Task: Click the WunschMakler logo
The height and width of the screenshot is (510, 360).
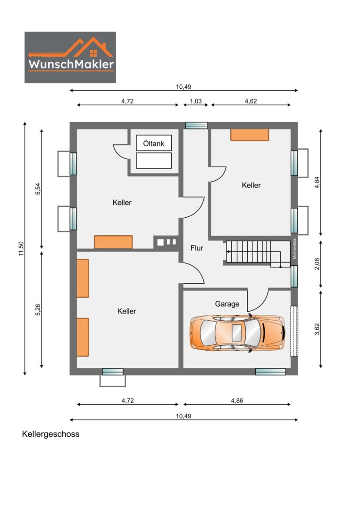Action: [x=70, y=57]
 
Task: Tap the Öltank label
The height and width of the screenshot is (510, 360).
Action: [x=154, y=144]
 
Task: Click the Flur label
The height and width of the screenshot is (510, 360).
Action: [x=197, y=248]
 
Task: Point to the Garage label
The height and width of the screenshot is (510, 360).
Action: [x=227, y=304]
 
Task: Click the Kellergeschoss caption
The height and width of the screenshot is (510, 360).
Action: [x=50, y=434]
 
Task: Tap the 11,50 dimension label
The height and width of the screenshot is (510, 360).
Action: [x=21, y=248]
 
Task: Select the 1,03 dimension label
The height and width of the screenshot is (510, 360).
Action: [x=196, y=101]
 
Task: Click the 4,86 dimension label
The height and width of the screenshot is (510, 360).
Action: [x=237, y=400]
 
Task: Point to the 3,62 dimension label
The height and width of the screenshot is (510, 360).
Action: [x=318, y=329]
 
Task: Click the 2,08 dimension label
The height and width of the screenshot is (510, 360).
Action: [x=318, y=264]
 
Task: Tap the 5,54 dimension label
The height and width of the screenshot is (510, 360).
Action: [x=38, y=189]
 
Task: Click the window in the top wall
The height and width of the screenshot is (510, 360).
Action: [x=196, y=126]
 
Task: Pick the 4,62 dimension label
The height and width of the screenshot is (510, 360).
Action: [x=251, y=101]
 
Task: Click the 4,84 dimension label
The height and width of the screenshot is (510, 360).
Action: [x=318, y=182]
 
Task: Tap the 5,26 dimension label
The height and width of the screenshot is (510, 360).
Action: [x=38, y=310]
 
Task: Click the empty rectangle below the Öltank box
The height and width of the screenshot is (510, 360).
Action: [x=154, y=161]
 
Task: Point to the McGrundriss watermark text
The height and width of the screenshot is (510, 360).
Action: [x=294, y=248]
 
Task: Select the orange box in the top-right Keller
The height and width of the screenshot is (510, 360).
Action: [x=250, y=135]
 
